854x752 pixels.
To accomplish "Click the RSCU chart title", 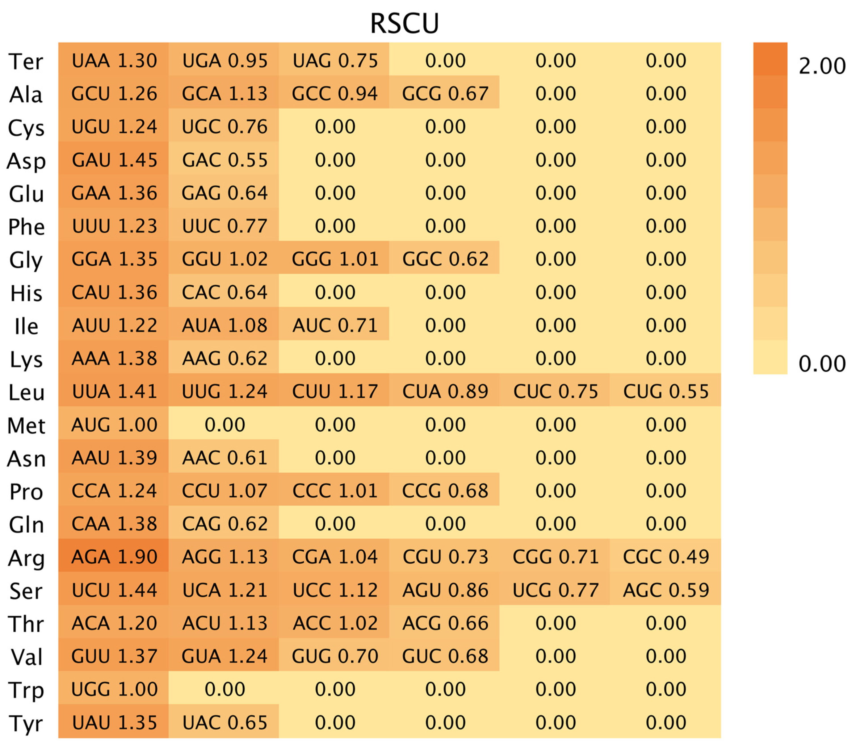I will (x=404, y=23).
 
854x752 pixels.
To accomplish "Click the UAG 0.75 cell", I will (x=335, y=60).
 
